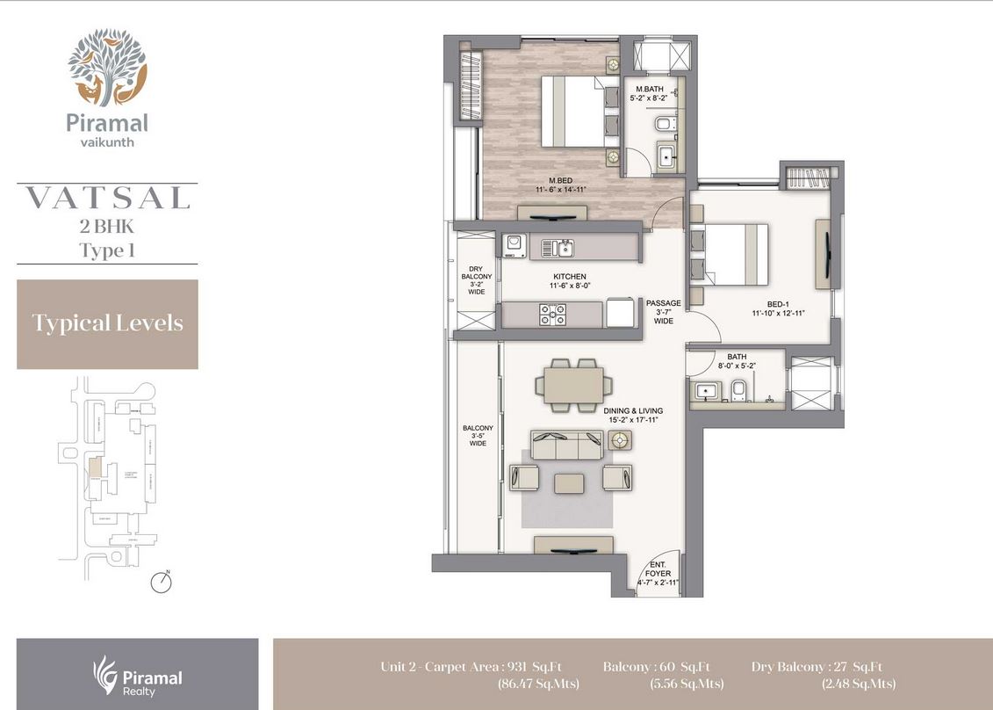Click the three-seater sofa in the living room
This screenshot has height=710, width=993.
[565, 446]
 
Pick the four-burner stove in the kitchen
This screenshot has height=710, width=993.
[553, 314]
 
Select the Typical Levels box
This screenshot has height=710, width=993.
[107, 323]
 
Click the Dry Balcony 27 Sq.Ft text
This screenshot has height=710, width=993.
[817, 666]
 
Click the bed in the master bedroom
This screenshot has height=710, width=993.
[571, 112]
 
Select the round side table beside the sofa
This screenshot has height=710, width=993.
[621, 440]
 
